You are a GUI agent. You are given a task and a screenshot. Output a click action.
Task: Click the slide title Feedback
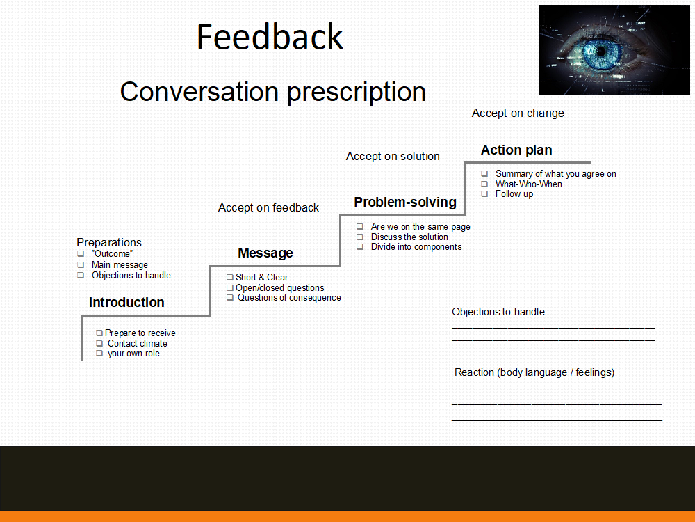coord(270,37)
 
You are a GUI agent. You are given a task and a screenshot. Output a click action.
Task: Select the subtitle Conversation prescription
coord(272,93)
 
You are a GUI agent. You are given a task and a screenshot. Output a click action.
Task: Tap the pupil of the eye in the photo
coord(600,51)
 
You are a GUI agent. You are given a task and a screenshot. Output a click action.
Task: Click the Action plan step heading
coord(516,150)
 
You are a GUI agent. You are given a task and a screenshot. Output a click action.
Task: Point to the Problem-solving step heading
coord(405,203)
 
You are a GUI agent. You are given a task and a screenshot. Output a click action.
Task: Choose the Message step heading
coord(265,253)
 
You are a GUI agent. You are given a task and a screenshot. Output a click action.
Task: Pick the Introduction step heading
coord(126,302)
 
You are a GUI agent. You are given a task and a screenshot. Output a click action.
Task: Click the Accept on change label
coord(518,113)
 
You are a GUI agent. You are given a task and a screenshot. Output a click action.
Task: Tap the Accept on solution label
coord(393,156)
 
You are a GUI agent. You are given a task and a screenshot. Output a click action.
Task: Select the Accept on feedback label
coord(268,207)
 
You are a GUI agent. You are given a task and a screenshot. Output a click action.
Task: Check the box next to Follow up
coord(484,194)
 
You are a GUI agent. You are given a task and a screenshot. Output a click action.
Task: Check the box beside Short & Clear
coord(229,278)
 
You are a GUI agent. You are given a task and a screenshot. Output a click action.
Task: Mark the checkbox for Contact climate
coord(99,344)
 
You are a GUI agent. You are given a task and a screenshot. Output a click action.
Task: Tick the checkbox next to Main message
coord(81,265)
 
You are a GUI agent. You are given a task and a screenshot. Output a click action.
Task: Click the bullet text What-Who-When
coord(528,184)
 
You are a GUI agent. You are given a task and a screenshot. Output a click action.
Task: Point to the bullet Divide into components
coord(416,247)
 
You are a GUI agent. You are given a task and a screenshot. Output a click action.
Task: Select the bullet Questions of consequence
coord(289,298)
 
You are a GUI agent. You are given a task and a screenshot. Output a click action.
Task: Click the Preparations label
coord(109,242)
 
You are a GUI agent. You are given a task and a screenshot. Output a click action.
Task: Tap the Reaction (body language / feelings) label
coord(534,372)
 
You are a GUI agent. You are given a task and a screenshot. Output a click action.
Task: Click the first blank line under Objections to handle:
coord(553,328)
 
